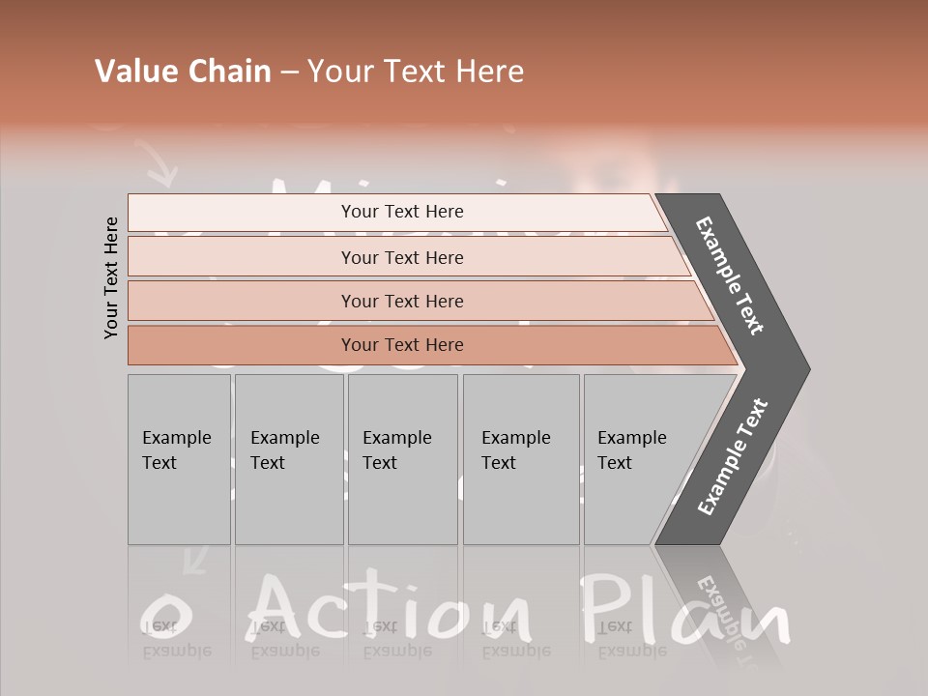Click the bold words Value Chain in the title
pyautogui.click(x=183, y=72)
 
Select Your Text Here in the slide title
pyautogui.click(x=416, y=72)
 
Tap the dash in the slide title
pyautogui.click(x=289, y=72)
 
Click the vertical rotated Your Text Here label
pyautogui.click(x=111, y=278)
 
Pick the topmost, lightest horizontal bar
pyautogui.click(x=401, y=212)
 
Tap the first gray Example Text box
pyautogui.click(x=179, y=459)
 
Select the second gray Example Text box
pyautogui.click(x=289, y=459)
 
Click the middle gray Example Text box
pyautogui.click(x=402, y=459)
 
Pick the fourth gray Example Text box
pyautogui.click(x=521, y=459)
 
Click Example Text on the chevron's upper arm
pyautogui.click(x=731, y=276)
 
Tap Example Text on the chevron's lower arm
pyautogui.click(x=733, y=457)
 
